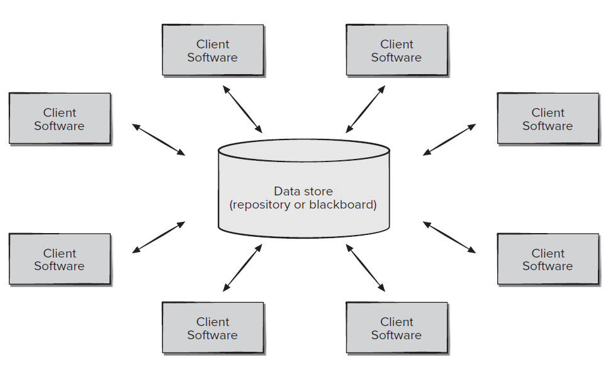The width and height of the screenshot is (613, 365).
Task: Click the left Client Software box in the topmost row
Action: (x=212, y=50)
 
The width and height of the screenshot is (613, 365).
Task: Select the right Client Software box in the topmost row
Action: (x=396, y=50)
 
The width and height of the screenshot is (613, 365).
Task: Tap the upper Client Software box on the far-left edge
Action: (x=60, y=119)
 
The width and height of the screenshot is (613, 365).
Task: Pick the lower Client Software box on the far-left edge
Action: (x=60, y=259)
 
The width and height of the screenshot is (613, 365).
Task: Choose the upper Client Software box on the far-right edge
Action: (x=548, y=119)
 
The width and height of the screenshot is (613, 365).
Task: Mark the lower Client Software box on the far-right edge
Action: (x=548, y=259)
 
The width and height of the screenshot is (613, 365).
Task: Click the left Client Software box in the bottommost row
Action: (x=212, y=328)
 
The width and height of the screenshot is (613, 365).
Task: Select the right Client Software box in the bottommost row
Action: (x=396, y=328)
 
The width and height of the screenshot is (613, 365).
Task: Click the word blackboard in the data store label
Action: (x=342, y=205)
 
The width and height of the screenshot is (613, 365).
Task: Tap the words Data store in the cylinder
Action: (x=303, y=191)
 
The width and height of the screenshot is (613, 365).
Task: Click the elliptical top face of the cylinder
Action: (x=303, y=151)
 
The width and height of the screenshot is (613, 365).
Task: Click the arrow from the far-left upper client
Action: (x=159, y=139)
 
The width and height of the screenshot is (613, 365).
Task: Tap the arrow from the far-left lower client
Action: (x=159, y=237)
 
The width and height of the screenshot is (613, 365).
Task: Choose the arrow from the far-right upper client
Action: (x=449, y=139)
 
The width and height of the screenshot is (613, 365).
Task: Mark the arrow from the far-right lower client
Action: (x=449, y=237)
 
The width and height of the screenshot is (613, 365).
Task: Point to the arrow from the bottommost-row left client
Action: (x=242, y=268)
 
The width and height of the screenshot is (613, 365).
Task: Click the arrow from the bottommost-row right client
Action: (x=366, y=268)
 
